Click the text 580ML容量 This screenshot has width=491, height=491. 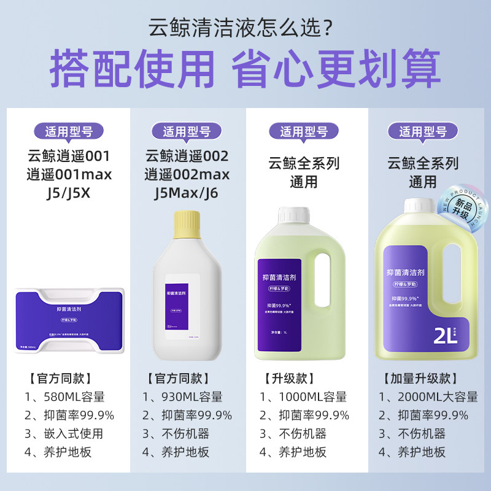pyautogui.click(x=73, y=396)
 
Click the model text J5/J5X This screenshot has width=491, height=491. pyautogui.click(x=69, y=194)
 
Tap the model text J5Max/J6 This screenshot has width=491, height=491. pyautogui.click(x=187, y=194)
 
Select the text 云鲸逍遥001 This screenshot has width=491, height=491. pyautogui.click(x=69, y=156)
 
